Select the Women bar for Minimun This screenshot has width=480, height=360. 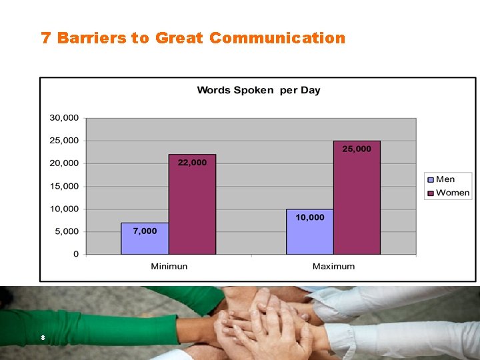click(x=192, y=207)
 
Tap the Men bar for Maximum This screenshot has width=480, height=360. click(x=310, y=233)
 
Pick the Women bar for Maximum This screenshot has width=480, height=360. click(x=357, y=200)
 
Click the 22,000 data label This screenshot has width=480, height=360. click(x=192, y=163)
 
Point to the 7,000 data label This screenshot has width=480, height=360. click(x=145, y=231)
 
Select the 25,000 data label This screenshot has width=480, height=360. click(x=357, y=149)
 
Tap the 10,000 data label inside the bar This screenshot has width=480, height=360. click(x=310, y=217)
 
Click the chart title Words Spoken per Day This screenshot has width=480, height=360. click(x=259, y=90)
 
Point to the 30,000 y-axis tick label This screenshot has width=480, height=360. click(x=64, y=118)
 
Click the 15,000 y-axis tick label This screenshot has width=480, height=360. click(x=64, y=186)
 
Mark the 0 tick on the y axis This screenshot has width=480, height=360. click(x=76, y=254)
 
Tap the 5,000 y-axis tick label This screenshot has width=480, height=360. click(x=66, y=231)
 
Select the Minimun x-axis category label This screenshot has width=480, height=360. click(x=169, y=266)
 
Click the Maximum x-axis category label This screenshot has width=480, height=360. click(x=333, y=266)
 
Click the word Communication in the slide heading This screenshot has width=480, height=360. click(x=277, y=38)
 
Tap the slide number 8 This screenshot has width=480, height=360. click(x=43, y=338)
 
